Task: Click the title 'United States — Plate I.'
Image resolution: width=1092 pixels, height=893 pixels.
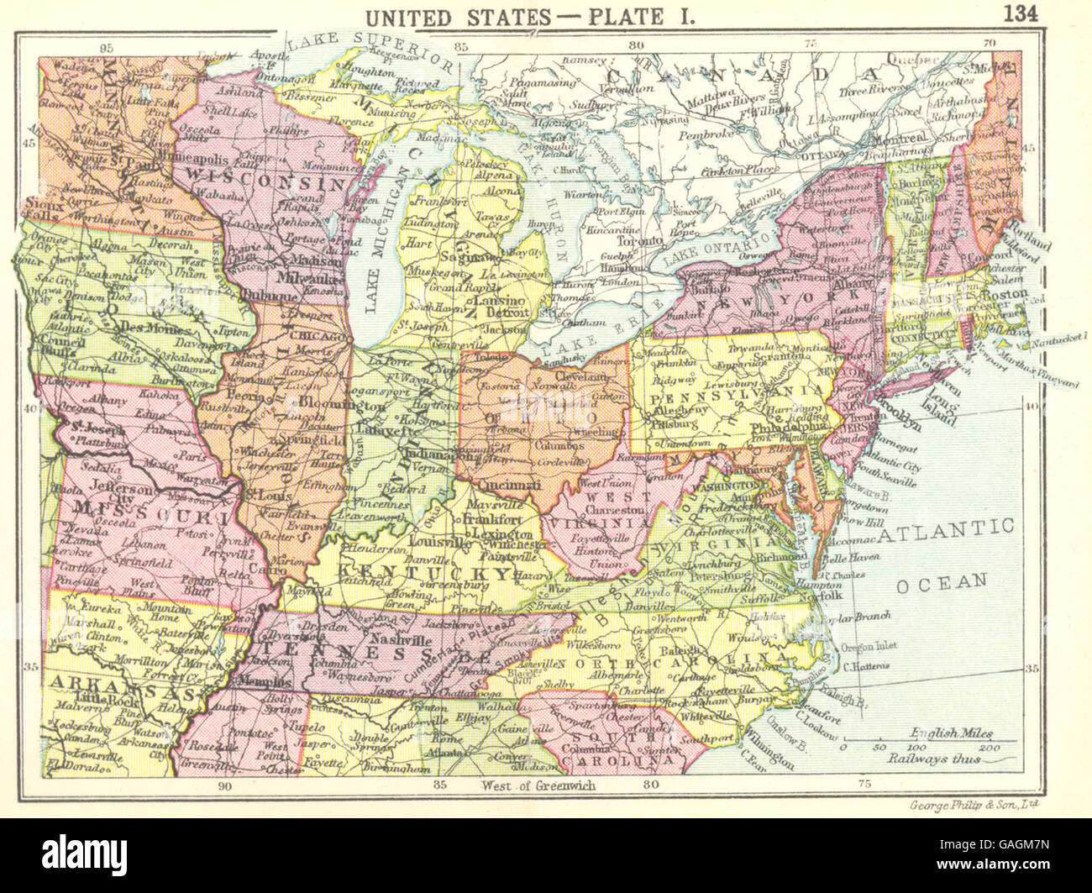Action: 545,16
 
